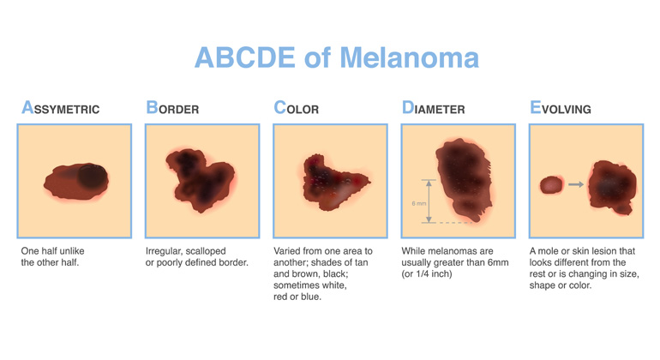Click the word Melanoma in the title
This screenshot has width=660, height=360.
[x=409, y=57]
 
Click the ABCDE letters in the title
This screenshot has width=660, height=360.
[x=244, y=57]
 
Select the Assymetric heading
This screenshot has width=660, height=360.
[x=61, y=108]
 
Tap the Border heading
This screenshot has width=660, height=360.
[x=172, y=108]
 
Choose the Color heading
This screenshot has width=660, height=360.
[x=297, y=108]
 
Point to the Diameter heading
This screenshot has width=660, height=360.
[x=433, y=108]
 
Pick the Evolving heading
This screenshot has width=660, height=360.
[x=561, y=108]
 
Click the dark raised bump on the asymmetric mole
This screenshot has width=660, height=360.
[x=93, y=176]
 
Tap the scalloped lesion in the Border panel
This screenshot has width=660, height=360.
[x=201, y=180]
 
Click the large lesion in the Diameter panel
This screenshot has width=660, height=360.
[x=464, y=179]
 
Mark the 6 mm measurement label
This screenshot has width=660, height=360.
[x=419, y=203]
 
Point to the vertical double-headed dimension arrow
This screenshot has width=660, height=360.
[x=429, y=201]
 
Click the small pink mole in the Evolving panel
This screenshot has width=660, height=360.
[x=551, y=185]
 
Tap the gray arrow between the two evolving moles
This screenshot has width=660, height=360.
[x=576, y=184]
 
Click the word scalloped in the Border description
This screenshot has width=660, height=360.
[x=206, y=251]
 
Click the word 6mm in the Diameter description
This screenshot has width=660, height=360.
[x=498, y=263]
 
